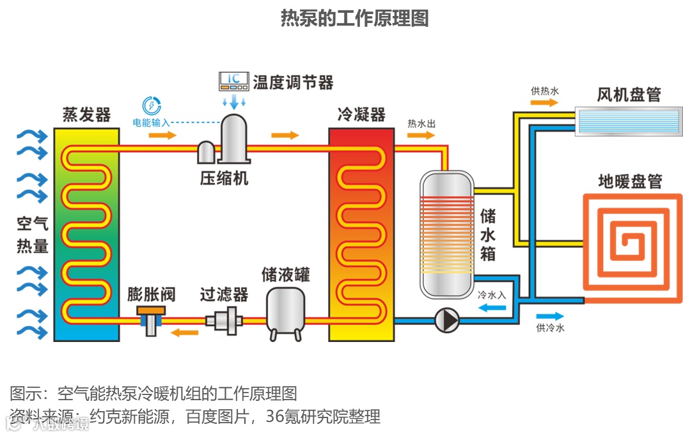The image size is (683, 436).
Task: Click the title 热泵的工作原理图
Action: point(354,19)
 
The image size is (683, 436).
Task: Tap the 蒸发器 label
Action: point(86,115)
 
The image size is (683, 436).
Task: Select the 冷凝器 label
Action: point(361,115)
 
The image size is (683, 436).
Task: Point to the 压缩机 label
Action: point(224,178)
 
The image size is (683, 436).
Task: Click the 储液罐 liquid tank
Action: point(285,312)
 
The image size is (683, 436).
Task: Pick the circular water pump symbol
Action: point(446,320)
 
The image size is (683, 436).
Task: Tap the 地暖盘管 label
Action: point(629,182)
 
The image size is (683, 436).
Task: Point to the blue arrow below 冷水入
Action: point(492,308)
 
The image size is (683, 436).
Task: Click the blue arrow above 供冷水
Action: point(550,316)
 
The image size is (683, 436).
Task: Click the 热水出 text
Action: point(421,123)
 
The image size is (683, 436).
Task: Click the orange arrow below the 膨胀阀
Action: point(185,332)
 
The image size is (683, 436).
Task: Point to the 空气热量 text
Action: point(33,235)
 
